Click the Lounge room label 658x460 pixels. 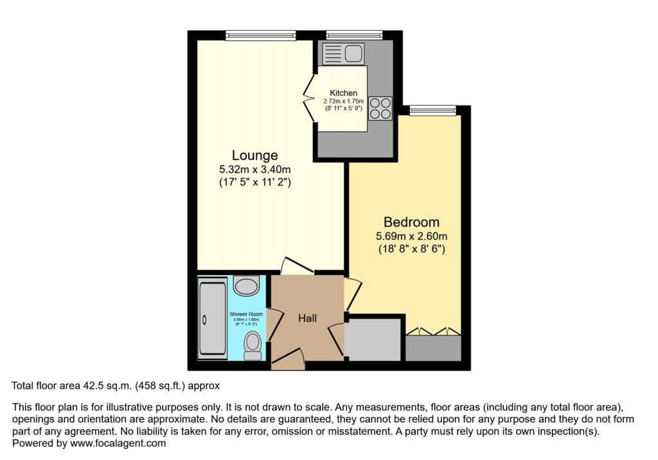[x=254, y=155]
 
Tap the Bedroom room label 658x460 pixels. [x=411, y=222]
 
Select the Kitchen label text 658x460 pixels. [x=343, y=93]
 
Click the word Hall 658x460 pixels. [x=307, y=318]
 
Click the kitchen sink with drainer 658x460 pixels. [x=343, y=54]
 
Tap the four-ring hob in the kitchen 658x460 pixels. [x=380, y=108]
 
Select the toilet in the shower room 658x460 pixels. [x=253, y=345]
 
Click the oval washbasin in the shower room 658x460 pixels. [x=246, y=285]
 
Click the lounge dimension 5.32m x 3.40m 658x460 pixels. [x=254, y=170]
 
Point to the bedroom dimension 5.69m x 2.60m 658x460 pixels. [x=411, y=236]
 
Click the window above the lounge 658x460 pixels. [x=260, y=35]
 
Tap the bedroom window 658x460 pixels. [x=432, y=111]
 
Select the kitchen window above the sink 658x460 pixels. [x=354, y=35]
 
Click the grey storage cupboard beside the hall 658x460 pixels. [x=373, y=339]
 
